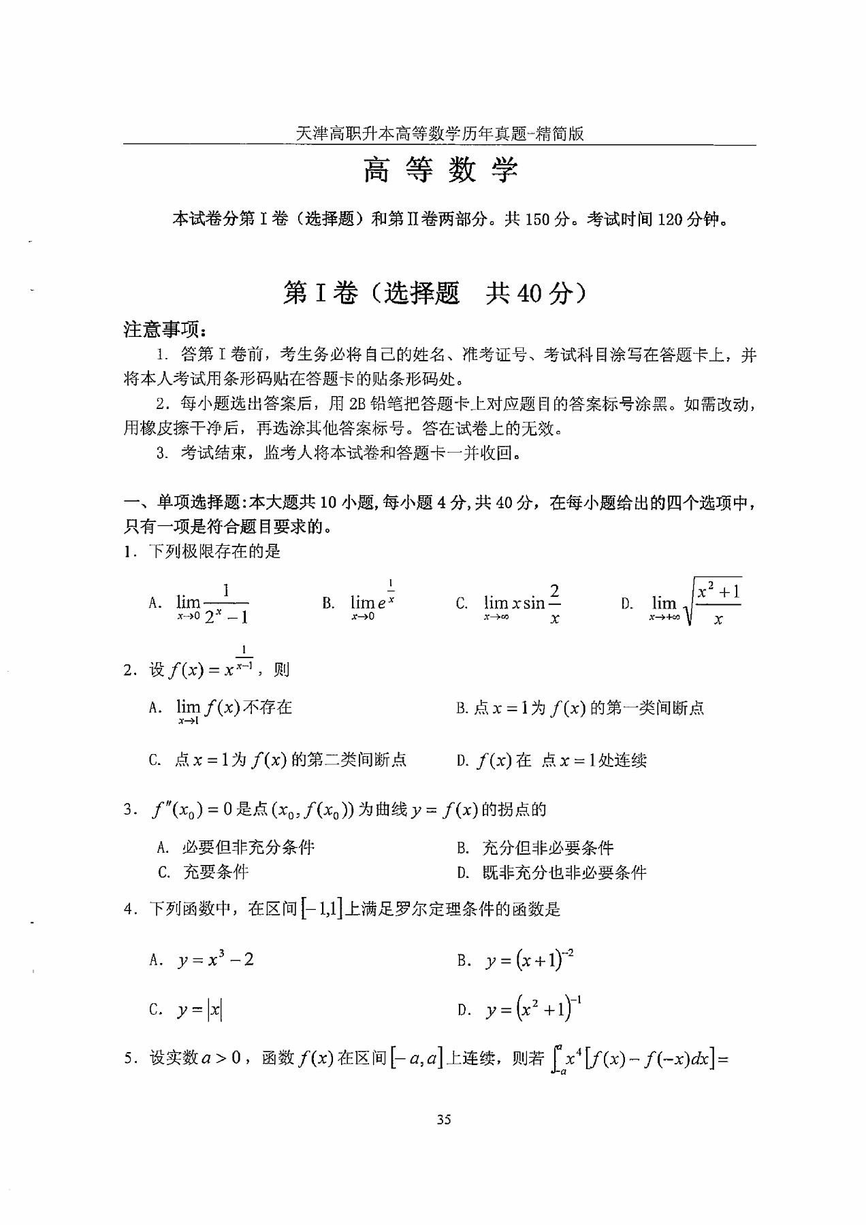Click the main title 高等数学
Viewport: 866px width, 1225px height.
440,170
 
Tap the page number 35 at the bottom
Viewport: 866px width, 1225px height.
444,1120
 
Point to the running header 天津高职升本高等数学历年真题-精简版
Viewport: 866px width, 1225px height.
440,134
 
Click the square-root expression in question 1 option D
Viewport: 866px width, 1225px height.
715,602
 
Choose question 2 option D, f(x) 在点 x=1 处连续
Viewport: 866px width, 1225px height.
552,760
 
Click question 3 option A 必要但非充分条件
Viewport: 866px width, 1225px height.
236,847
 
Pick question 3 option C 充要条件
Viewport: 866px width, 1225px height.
204,872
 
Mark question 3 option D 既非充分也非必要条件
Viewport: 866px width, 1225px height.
552,872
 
